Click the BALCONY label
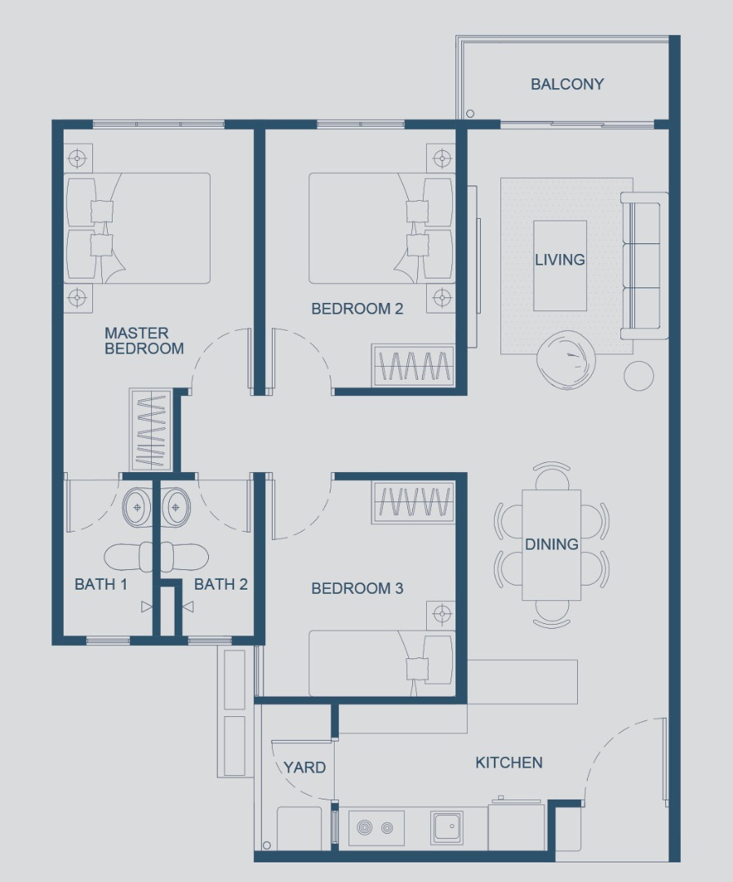coord(567,84)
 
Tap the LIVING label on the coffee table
coord(560,260)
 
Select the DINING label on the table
coord(552,544)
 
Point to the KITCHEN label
coord(509,763)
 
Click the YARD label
coord(304,768)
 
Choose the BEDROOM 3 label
coord(357,588)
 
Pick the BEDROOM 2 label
coord(357,309)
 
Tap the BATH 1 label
coord(101,584)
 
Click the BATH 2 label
coord(220,584)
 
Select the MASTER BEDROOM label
coord(144,341)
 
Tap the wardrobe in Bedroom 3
coord(413,503)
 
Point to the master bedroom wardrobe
coord(150,430)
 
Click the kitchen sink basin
coord(446,827)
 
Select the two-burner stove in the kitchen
coord(376,828)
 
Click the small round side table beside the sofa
coord(638,375)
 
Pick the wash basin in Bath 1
coord(137,507)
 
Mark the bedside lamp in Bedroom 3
coord(442,612)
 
